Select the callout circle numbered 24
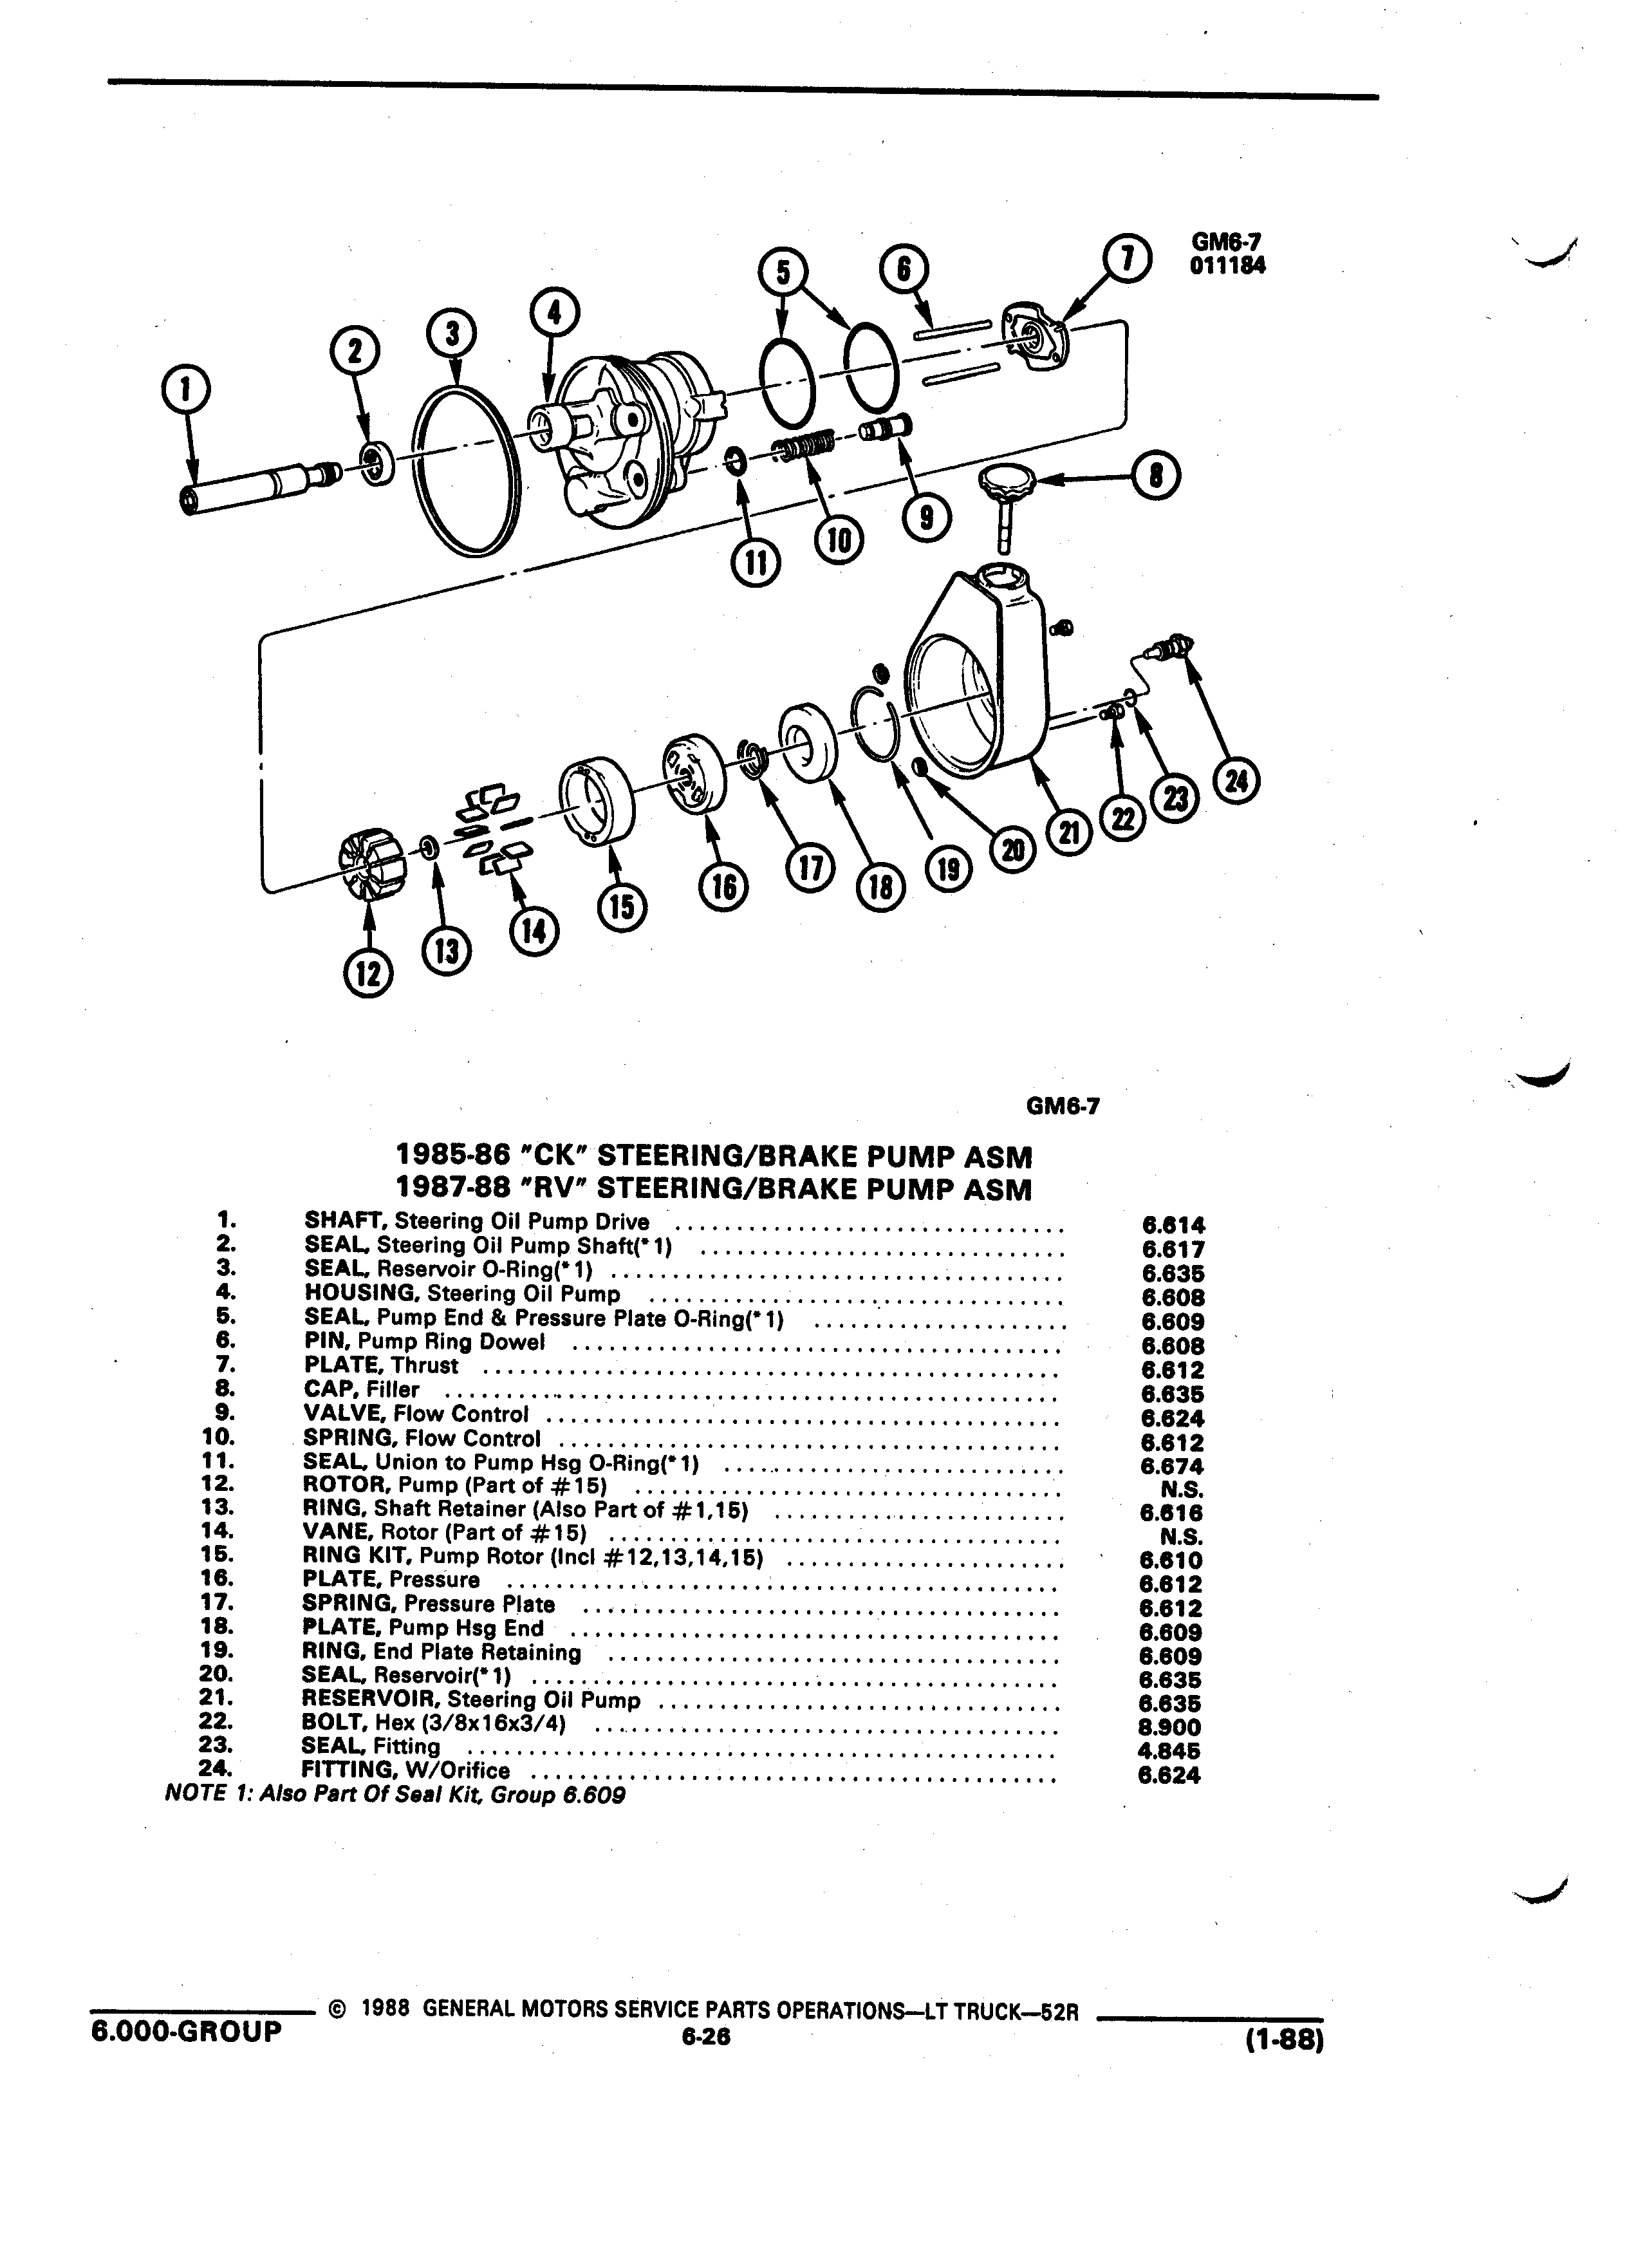click(1236, 782)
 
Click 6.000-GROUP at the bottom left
click(186, 2032)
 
